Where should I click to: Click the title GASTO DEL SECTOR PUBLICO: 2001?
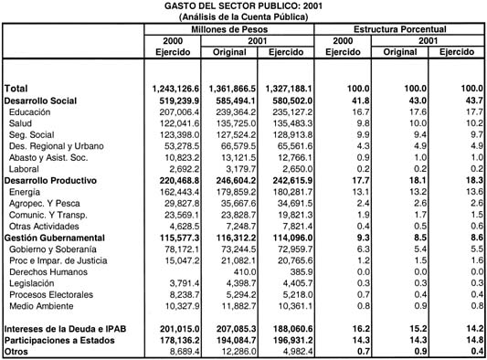(x=243, y=6)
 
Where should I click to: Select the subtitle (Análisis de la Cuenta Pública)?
(x=243, y=17)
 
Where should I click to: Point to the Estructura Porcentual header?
(x=400, y=30)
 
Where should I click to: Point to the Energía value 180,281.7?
(x=287, y=194)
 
